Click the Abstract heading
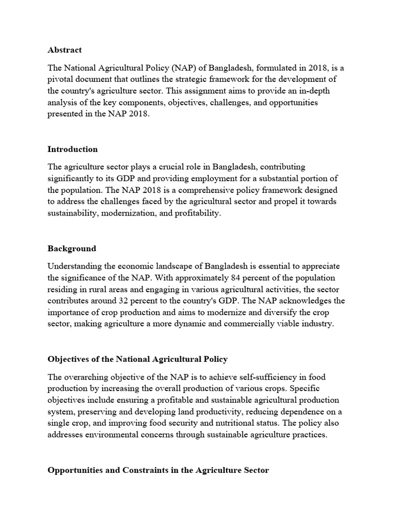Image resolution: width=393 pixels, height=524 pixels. [x=64, y=50]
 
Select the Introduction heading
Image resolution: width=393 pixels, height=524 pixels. [x=73, y=149]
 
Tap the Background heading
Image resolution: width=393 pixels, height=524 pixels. [x=72, y=249]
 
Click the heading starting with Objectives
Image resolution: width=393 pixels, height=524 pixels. [x=138, y=359]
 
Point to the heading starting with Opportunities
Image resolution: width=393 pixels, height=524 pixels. [x=158, y=470]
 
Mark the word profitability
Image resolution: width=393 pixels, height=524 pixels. [x=198, y=213]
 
